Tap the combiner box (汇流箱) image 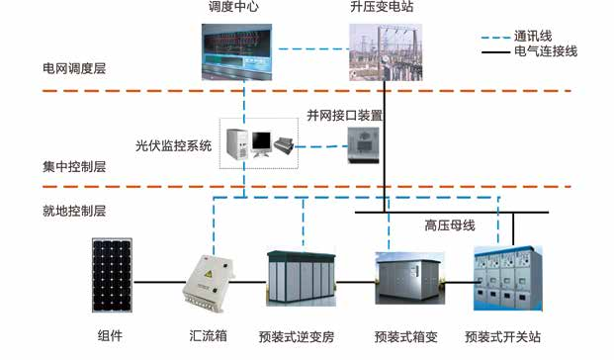tap(212, 281)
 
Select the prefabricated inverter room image tap(302, 282)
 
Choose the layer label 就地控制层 tap(67, 211)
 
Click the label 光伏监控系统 tap(174, 145)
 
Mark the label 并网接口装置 tap(344, 115)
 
